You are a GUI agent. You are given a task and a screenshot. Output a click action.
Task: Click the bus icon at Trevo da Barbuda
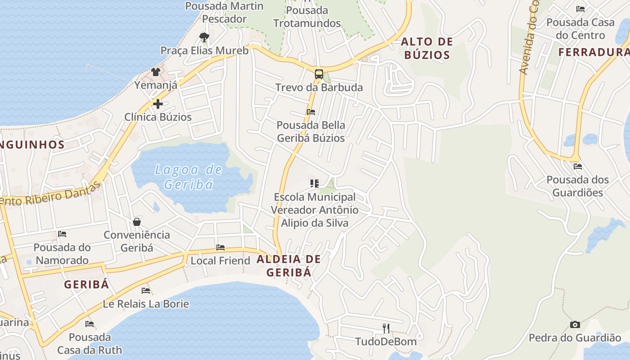319,74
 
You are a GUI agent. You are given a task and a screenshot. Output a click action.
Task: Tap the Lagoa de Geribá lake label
189,177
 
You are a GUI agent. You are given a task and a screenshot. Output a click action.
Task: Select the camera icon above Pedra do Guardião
575,324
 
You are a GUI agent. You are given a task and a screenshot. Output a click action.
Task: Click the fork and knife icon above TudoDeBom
386,328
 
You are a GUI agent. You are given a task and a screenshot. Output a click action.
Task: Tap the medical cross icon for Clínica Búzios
157,104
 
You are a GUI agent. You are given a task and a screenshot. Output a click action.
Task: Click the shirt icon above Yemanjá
156,72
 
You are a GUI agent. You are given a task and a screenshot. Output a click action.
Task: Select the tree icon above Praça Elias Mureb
204,37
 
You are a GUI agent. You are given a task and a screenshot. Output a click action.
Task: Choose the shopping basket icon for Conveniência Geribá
137,222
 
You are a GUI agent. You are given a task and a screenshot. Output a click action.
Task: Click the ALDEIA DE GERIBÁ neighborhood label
289,265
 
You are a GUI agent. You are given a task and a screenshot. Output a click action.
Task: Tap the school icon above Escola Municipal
314,184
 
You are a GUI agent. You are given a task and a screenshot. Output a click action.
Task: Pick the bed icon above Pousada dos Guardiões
578,166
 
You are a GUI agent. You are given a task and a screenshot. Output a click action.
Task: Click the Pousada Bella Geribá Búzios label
311,131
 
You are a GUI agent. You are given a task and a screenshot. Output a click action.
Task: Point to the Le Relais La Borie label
146,304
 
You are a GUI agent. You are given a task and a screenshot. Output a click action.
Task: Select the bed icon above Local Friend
220,247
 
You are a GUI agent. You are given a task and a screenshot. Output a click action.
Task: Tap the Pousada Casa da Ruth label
90,343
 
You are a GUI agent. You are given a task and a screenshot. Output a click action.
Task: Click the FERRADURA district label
594,52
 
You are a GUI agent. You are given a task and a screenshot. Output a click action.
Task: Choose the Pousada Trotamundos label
307,17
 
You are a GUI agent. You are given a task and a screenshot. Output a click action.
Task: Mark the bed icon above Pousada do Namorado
62,234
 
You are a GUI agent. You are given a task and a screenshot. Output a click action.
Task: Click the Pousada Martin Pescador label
225,12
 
